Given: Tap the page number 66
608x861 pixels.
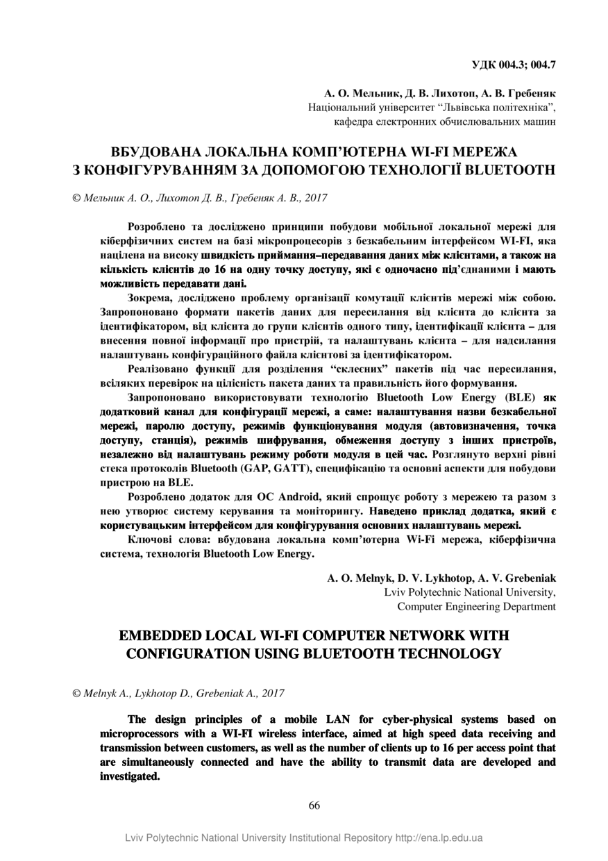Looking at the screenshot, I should [x=314, y=805].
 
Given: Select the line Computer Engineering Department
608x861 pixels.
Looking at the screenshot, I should [x=476, y=606].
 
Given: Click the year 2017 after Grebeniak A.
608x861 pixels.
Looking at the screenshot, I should [x=271, y=694].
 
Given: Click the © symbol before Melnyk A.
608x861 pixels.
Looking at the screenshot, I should [x=77, y=694].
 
